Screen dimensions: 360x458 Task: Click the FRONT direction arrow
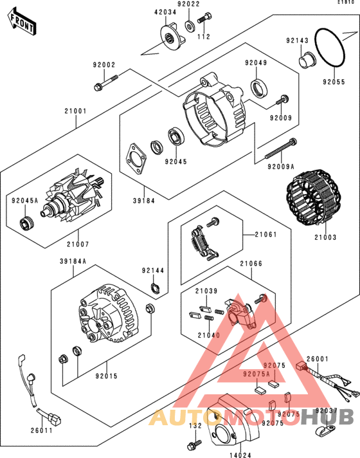click(22, 22)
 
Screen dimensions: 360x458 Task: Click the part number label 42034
click(165, 12)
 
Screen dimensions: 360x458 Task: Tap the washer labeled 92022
click(190, 26)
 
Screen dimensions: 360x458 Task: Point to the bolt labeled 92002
click(106, 82)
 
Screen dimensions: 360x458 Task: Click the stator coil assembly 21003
click(314, 197)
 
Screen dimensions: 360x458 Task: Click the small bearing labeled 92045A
click(26, 223)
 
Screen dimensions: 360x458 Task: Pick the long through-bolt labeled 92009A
click(280, 149)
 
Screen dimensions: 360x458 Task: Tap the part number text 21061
click(265, 234)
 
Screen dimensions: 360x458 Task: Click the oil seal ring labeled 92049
click(258, 88)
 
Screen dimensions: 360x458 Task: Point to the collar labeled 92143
click(306, 60)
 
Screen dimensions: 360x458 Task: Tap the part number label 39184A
click(73, 261)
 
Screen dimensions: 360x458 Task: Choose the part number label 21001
click(76, 111)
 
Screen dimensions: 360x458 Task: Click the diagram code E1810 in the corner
click(346, 2)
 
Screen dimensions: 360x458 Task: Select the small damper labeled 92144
click(156, 288)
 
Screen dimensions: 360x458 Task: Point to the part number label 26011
click(42, 430)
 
